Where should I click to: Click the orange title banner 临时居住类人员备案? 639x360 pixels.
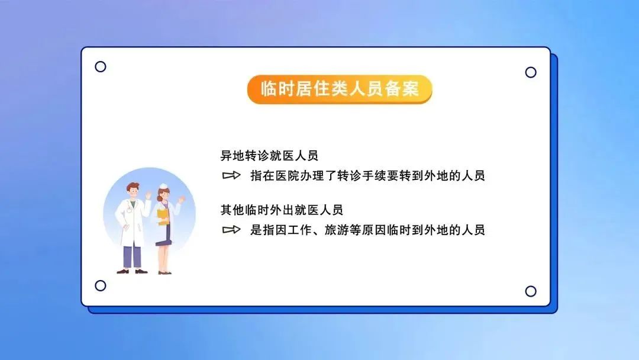[340, 89]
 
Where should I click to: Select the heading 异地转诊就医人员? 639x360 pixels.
[269, 155]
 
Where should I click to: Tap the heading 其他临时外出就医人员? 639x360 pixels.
[282, 210]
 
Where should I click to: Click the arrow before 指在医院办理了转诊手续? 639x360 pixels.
[231, 175]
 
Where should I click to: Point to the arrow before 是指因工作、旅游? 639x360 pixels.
[231, 230]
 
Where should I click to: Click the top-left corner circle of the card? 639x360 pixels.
[100, 66]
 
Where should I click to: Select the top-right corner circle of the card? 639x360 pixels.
[531, 72]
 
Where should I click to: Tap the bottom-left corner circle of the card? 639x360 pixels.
[100, 285]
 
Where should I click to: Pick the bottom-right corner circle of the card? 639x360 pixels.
[531, 291]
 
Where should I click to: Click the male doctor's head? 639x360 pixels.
[133, 191]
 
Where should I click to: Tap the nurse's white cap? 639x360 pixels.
[163, 187]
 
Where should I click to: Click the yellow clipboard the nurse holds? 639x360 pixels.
[163, 217]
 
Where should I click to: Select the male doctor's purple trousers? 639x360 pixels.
[132, 256]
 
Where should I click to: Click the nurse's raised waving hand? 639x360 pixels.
[181, 199]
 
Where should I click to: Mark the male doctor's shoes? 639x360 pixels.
[132, 271]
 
